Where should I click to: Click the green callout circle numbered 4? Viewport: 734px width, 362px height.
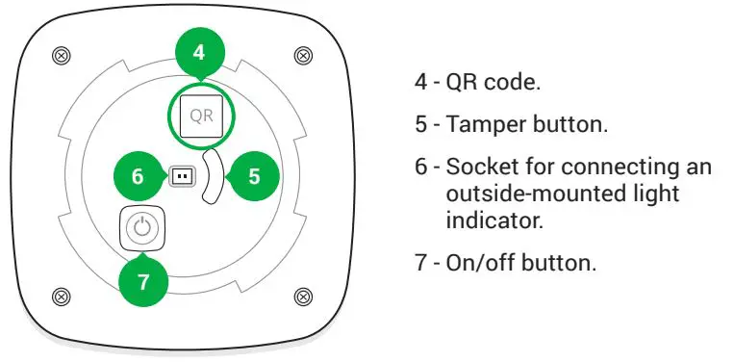point(199,54)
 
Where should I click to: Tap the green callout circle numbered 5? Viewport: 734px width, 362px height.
point(254,176)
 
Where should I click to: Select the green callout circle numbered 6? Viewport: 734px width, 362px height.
point(137,176)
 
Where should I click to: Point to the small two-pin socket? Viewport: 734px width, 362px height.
point(180,176)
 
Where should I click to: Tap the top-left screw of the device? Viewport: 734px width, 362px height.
point(61,55)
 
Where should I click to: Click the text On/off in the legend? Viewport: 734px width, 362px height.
point(479,262)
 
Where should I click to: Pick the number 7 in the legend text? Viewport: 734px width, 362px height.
point(420,262)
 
